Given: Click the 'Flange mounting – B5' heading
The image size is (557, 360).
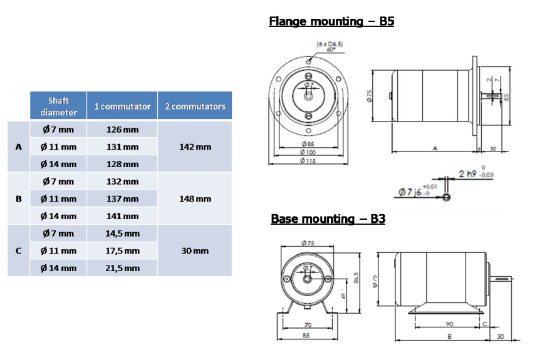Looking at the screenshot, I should click(331, 21).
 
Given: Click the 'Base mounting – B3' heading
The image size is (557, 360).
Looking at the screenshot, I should click(328, 219).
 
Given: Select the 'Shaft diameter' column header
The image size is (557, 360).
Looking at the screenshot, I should click(58, 106).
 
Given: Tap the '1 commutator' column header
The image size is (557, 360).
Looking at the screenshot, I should click(122, 106).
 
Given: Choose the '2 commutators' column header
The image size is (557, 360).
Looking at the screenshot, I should click(195, 106).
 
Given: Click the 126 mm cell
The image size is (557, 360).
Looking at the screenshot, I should click(123, 130).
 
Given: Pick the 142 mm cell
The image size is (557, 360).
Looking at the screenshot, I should click(195, 147).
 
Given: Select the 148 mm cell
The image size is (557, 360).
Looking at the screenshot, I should click(195, 199).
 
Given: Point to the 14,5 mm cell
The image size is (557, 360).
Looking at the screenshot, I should click(123, 234).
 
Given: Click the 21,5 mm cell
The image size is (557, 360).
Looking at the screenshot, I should click(123, 268).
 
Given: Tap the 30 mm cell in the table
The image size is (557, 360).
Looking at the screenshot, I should click(195, 251).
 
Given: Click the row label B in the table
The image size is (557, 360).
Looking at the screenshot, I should click(18, 199).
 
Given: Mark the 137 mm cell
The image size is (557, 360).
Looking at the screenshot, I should click(123, 199).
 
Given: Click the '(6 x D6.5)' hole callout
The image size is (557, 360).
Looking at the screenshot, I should click(330, 44).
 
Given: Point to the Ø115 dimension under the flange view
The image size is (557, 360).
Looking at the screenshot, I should click(308, 161).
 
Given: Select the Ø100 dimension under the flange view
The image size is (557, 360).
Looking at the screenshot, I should click(308, 153).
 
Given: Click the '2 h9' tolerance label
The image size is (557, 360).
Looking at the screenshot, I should click(467, 173).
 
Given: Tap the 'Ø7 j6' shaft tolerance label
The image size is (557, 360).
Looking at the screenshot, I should click(412, 192).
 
